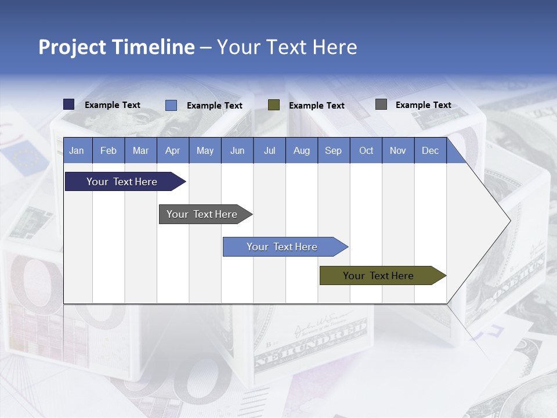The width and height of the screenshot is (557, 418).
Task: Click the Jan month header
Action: tap(77, 151)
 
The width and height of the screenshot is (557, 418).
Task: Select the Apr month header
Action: tap(173, 151)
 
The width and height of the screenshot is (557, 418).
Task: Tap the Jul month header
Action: tap(269, 151)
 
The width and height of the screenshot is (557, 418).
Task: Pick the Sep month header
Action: tap(333, 151)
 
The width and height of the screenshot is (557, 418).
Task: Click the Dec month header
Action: tap(430, 151)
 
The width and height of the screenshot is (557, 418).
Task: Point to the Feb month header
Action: tap(108, 151)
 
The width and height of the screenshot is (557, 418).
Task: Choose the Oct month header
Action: tap(366, 151)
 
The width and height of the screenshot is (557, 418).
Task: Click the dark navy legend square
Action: tap(69, 105)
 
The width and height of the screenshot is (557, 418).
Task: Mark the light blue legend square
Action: tap(171, 105)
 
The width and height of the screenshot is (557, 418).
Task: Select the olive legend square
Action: tap(274, 105)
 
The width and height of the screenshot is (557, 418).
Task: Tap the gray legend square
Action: tap(381, 105)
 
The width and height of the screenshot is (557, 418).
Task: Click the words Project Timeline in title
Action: tap(117, 47)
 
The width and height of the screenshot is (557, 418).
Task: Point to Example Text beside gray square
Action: tap(423, 105)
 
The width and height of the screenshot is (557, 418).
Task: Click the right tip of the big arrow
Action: tap(509, 221)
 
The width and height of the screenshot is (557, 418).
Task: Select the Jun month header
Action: tap(237, 151)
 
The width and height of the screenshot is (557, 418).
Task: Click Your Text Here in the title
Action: tap(287, 47)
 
